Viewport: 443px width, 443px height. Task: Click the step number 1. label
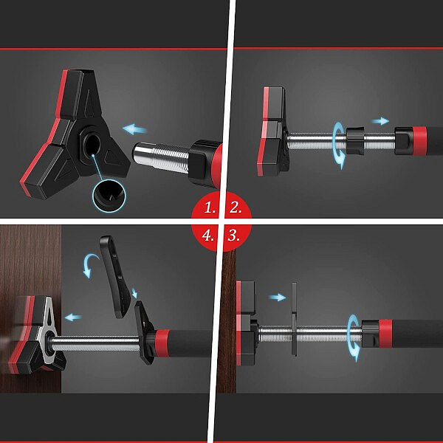pos(210,208)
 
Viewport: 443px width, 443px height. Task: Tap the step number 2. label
pos(236,208)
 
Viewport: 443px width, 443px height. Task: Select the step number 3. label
pos(234,235)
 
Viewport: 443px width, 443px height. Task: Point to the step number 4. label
pos(207,235)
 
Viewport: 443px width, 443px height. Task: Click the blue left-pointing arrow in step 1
pos(135,129)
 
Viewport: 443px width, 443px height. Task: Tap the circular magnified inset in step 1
pos(109,196)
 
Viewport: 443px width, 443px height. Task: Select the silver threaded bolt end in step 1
pos(160,158)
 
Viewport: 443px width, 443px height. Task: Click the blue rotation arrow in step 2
pos(339,145)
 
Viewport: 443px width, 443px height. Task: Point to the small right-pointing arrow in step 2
pos(380,121)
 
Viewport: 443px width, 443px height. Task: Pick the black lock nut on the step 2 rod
pos(355,141)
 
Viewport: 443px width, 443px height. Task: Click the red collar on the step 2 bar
pos(419,141)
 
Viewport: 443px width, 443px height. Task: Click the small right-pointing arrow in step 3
pos(277,298)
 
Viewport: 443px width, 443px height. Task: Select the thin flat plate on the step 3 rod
pos(294,319)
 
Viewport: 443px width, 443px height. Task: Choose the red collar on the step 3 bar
pos(385,334)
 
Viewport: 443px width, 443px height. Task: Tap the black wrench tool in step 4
pos(114,277)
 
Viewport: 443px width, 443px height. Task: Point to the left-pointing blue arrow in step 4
pos(73,317)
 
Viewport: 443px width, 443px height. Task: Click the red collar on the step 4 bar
pos(162,343)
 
